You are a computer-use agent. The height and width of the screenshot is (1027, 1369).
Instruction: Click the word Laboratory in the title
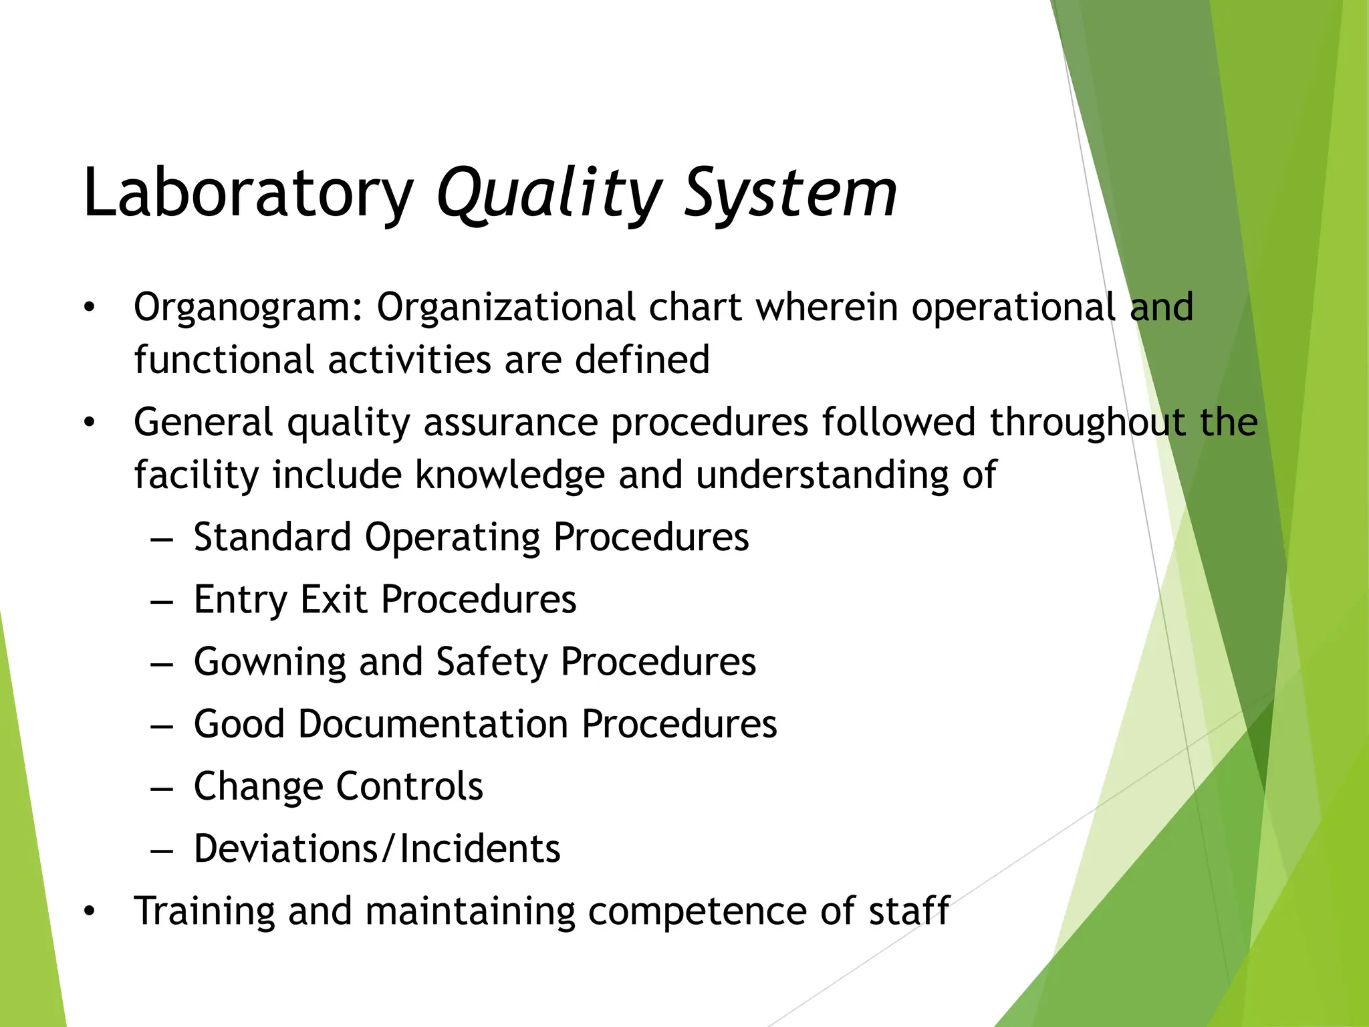(x=248, y=194)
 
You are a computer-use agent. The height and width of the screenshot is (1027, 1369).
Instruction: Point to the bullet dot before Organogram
(x=90, y=308)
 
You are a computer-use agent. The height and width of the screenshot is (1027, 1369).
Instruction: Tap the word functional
(x=224, y=360)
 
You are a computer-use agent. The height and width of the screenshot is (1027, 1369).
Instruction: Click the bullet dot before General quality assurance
(x=90, y=423)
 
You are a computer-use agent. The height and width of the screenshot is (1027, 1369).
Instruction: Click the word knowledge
(x=509, y=475)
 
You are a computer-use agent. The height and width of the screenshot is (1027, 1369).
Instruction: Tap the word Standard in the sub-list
(x=272, y=537)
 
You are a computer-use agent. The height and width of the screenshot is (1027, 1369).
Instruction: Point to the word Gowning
(x=269, y=662)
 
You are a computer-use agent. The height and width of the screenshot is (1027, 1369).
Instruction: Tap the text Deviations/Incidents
(x=377, y=848)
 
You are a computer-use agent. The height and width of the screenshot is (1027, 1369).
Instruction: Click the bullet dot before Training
(x=90, y=912)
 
